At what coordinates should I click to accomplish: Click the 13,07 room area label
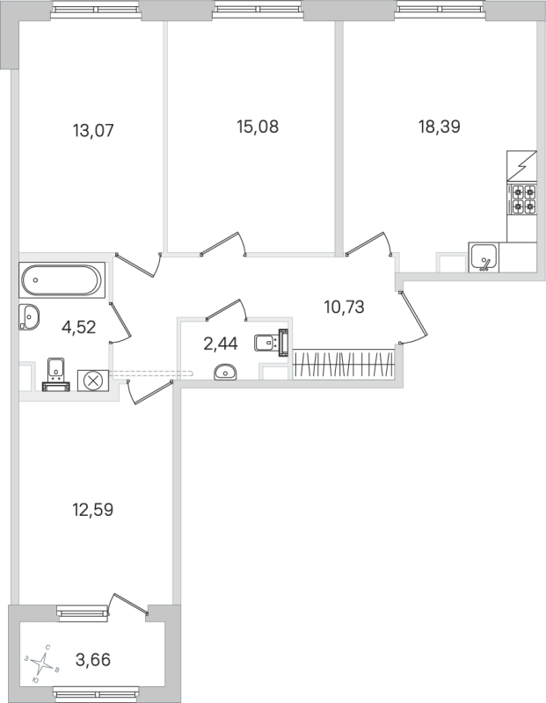93,131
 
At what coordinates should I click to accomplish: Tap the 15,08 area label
258,127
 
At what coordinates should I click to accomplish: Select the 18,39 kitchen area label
440,127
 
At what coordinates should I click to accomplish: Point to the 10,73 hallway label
344,308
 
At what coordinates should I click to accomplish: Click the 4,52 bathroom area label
78,327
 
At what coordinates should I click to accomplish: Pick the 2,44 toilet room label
221,344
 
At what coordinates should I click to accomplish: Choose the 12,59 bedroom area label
93,510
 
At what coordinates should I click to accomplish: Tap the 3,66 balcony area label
93,660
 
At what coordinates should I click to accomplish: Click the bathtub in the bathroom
62,280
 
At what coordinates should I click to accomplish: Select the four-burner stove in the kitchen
521,199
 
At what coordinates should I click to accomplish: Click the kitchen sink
484,257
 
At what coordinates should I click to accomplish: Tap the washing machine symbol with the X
93,380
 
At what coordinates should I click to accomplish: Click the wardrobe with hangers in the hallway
344,364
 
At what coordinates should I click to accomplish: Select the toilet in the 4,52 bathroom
55,374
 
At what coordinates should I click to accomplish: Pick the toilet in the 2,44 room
271,343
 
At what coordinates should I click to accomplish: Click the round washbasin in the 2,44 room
225,372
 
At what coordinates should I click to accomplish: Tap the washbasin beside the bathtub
29,317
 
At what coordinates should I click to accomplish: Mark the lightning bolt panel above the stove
521,166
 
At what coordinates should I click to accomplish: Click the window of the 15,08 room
257,9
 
